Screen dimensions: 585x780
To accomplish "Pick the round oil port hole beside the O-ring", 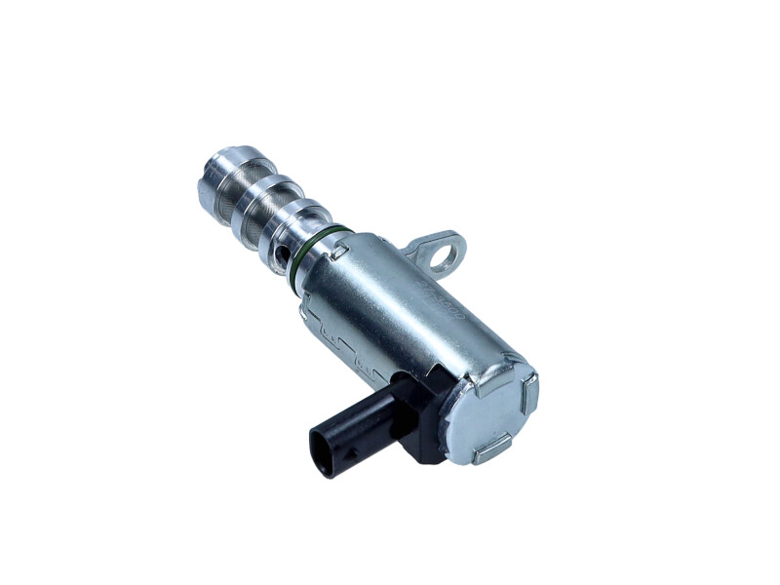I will coord(283,255).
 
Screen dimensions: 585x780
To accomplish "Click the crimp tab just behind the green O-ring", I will coord(340,251).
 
